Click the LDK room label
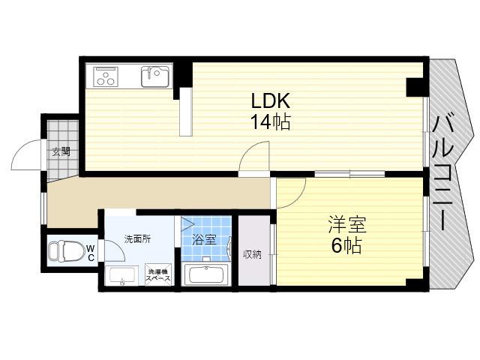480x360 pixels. click(270, 100)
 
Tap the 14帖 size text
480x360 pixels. click(271, 121)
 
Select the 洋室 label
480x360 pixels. click(347, 225)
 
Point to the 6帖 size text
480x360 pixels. click(346, 245)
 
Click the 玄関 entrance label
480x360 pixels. click(61, 151)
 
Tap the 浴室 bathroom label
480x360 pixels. click(204, 240)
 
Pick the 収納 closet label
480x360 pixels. click(253, 254)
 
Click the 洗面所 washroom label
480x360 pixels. click(137, 238)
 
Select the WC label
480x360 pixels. click(91, 253)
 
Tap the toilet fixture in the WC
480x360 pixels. click(67, 251)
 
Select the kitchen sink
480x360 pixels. click(155, 76)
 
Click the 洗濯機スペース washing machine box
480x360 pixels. click(159, 274)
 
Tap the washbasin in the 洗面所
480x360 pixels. click(121, 275)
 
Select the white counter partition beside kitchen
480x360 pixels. click(186, 112)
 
